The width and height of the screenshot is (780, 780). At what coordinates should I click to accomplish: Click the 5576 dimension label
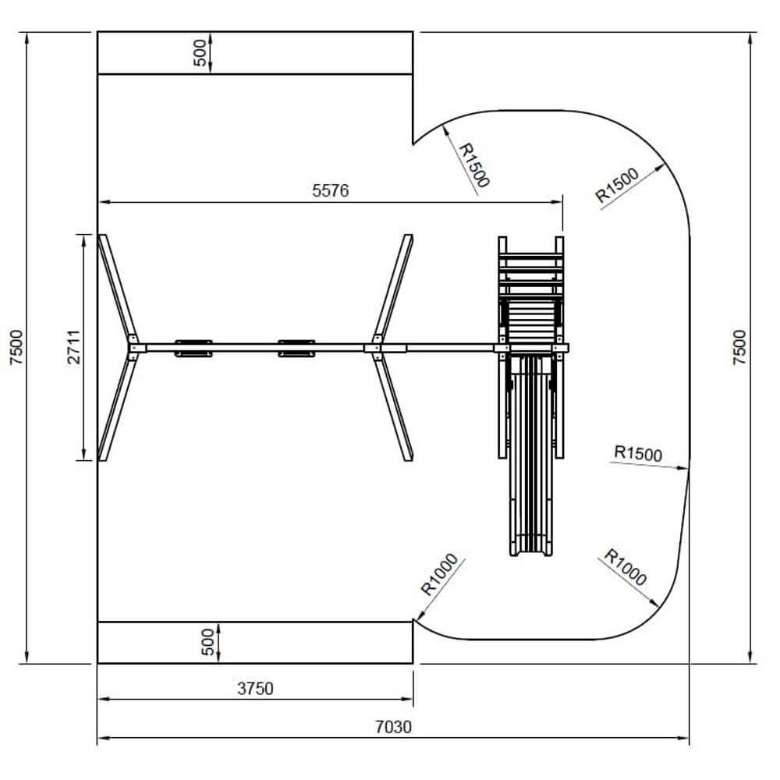[x=330, y=190]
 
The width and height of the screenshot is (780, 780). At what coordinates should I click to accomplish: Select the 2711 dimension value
[x=73, y=347]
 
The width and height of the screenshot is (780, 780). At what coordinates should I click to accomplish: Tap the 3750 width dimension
[x=255, y=689]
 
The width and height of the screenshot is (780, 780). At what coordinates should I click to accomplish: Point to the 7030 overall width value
[x=393, y=727]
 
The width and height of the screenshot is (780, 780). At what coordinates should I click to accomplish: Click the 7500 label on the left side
[x=16, y=347]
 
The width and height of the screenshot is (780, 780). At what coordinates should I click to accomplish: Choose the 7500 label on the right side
[x=739, y=347]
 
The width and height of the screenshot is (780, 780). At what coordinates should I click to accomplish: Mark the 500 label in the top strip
[x=199, y=53]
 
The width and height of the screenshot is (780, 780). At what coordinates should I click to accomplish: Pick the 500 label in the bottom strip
[x=208, y=642]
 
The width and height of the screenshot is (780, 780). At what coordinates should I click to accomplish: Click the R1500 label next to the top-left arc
[x=474, y=165]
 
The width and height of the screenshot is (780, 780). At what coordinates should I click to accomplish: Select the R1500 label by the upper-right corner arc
[x=617, y=185]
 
